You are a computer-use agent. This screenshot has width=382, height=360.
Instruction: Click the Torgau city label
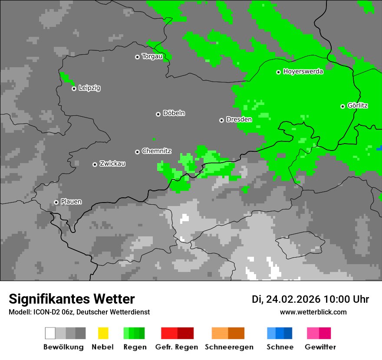(152, 56)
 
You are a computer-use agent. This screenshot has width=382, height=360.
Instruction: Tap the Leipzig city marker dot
(74, 88)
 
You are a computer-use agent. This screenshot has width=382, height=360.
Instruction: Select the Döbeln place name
(174, 113)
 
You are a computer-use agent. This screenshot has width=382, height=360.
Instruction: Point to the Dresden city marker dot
(221, 120)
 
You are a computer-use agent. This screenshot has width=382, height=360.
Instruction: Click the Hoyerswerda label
(303, 72)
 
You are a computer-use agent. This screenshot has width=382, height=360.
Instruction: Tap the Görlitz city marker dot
(342, 106)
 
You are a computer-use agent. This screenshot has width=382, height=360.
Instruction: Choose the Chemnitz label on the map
(157, 151)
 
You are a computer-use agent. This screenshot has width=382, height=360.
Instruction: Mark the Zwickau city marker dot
(95, 164)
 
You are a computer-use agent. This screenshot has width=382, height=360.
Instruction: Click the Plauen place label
(71, 202)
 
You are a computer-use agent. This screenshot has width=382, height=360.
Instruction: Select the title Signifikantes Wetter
(72, 299)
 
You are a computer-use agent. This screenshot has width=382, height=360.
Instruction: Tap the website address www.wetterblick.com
(313, 312)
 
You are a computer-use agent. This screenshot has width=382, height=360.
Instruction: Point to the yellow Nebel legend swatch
(103, 333)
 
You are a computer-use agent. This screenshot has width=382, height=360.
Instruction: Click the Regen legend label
(135, 347)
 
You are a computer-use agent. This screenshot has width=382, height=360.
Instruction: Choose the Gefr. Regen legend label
(177, 347)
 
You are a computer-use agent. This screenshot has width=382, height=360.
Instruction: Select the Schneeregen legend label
(229, 347)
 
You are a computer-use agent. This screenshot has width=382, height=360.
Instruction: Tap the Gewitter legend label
(320, 347)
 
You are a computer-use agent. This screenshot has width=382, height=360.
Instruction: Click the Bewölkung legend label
(63, 347)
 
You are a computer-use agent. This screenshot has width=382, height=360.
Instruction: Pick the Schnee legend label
(280, 347)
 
